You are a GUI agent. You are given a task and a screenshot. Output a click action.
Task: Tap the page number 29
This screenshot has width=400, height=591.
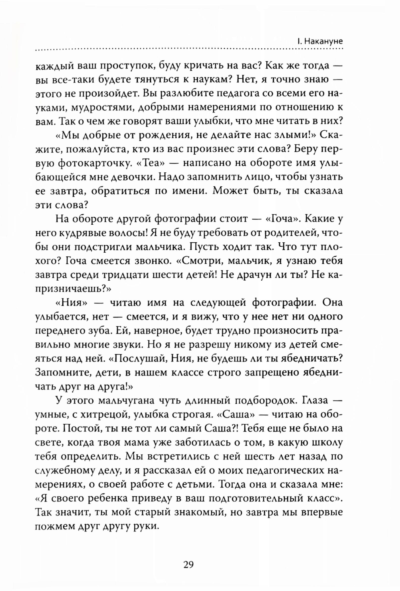pyautogui.click(x=188, y=564)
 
